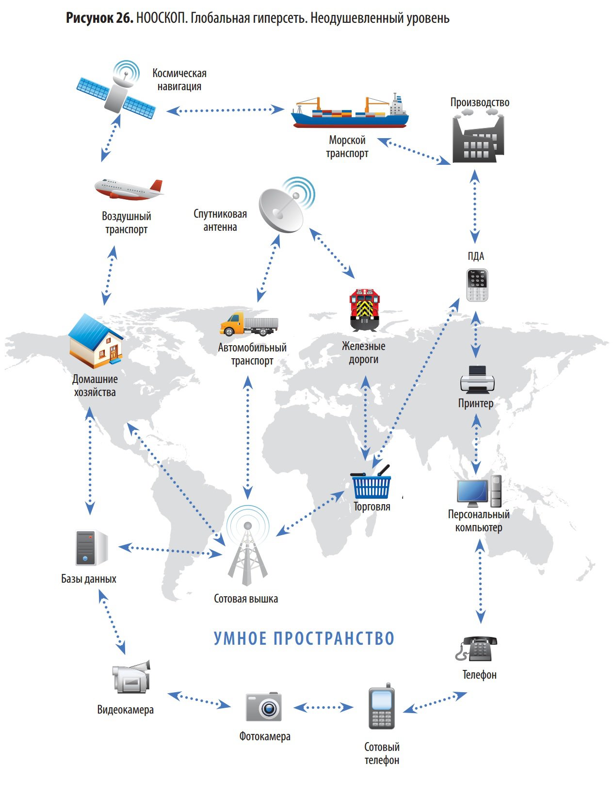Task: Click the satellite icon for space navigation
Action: pyautogui.click(x=117, y=92)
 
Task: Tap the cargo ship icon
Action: pyautogui.click(x=349, y=112)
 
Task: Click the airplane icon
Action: pyautogui.click(x=129, y=190)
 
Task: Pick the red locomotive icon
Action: pyautogui.click(x=365, y=310)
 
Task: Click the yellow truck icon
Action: pyautogui.click(x=249, y=325)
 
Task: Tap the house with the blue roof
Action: pyautogui.click(x=96, y=340)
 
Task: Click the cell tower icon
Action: pyautogui.click(x=247, y=548)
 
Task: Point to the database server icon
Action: pyautogui.click(x=90, y=548)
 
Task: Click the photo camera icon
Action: pyautogui.click(x=263, y=707)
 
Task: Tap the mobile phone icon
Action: pyautogui.click(x=381, y=707)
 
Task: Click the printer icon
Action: pyautogui.click(x=477, y=379)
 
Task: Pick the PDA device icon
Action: pyautogui.click(x=477, y=285)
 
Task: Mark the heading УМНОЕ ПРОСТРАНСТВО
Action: pyautogui.click(x=304, y=638)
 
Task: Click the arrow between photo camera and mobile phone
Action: pyautogui.click(x=323, y=707)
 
